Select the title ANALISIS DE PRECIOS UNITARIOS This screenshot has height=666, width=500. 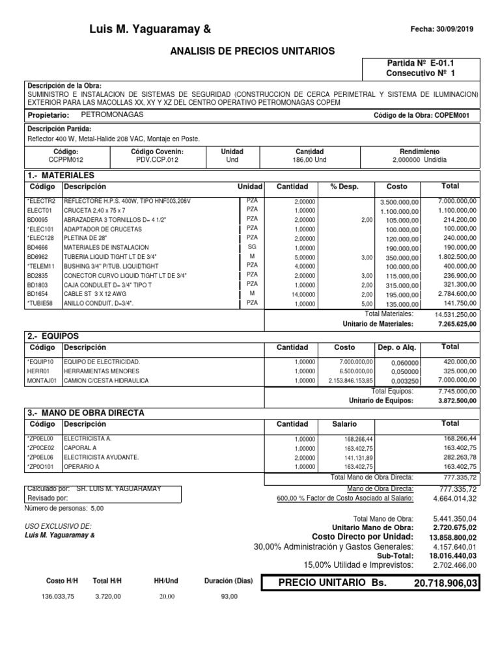[253, 51]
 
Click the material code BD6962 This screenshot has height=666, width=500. [38, 257]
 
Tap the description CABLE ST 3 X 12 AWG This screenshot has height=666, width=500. [94, 294]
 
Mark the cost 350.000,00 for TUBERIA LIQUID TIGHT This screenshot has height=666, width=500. [399, 258]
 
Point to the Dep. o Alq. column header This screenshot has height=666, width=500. [396, 347]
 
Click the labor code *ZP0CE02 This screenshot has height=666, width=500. [41, 448]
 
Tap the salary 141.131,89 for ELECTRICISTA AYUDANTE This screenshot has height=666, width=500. [357, 457]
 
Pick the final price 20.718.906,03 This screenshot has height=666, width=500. [445, 583]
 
